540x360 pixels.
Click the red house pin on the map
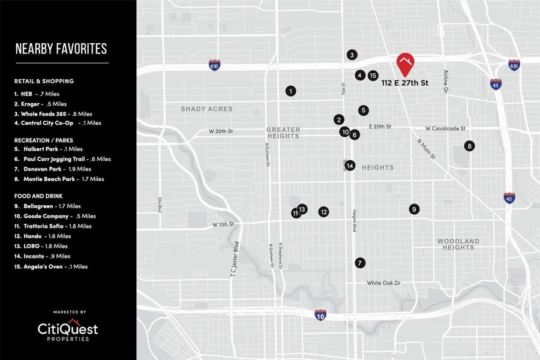point(406,63)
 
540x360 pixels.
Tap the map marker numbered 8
point(469,146)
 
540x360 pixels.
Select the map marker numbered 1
point(290,91)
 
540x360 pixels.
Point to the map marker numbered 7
point(359,263)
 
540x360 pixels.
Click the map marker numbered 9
point(413,209)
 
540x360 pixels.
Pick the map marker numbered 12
point(323,212)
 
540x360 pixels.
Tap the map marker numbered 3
point(352,55)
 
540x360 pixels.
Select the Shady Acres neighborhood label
point(206,109)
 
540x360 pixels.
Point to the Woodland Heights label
point(458,244)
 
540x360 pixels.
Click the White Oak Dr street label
point(383,283)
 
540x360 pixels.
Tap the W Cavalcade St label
point(445,128)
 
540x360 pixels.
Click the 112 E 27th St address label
point(405,83)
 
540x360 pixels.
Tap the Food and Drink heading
point(38,196)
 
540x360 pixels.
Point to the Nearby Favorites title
point(61,49)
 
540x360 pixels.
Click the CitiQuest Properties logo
point(67,331)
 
